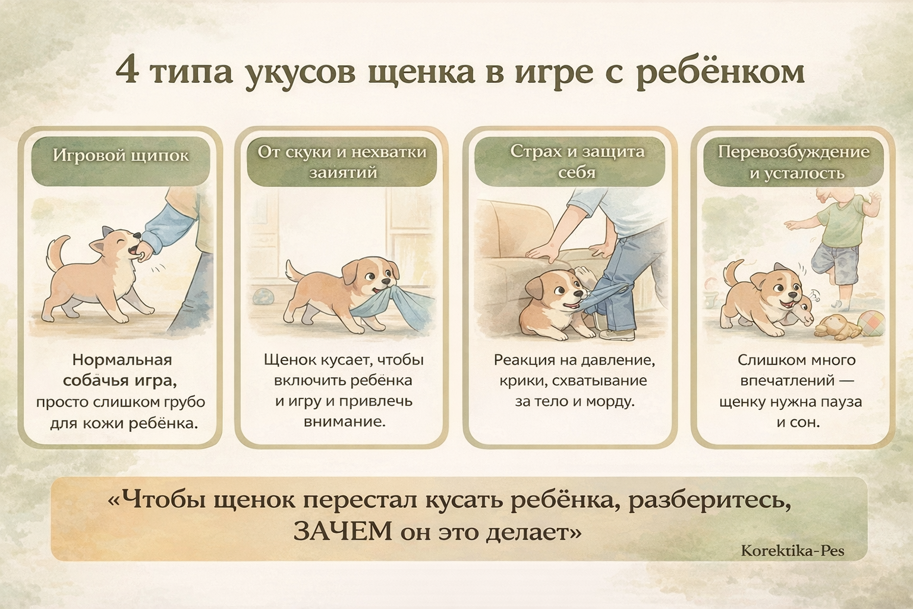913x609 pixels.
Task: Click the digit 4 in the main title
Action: [127, 71]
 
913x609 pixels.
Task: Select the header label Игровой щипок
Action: [121, 156]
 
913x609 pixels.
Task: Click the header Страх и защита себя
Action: [577, 162]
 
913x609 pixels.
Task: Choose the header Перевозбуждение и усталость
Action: [794, 162]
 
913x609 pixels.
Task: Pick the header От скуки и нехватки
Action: [342, 152]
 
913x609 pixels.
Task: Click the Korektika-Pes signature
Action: [792, 551]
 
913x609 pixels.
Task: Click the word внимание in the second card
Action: [344, 422]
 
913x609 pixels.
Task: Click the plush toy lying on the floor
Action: [836, 328]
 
